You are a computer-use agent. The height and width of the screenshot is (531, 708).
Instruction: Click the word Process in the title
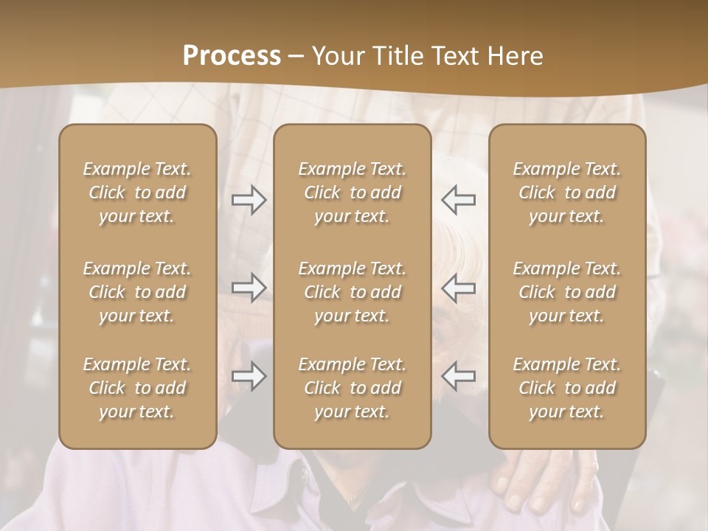click(x=232, y=56)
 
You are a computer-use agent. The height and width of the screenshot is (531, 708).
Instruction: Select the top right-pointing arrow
click(x=249, y=200)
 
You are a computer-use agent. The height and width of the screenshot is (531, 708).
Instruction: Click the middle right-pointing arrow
click(x=249, y=288)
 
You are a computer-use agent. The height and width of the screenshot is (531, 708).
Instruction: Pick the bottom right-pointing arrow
click(x=249, y=376)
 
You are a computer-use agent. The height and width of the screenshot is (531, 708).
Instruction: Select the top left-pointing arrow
click(x=459, y=200)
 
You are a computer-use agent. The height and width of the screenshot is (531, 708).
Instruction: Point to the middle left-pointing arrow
click(x=459, y=288)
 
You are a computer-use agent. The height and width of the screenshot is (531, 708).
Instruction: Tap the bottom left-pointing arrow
click(x=459, y=376)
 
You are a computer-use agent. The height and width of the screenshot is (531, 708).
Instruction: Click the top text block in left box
click(x=137, y=192)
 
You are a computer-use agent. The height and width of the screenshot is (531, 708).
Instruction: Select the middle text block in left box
click(x=137, y=292)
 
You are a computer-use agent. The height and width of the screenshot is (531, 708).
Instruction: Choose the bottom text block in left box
click(x=137, y=388)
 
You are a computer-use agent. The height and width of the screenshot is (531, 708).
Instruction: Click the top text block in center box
click(x=353, y=192)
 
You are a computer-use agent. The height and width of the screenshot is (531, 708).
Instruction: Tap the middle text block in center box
click(x=353, y=292)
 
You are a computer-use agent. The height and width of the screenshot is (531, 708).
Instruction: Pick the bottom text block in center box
click(x=353, y=388)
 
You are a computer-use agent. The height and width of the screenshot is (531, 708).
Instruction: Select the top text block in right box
click(x=567, y=192)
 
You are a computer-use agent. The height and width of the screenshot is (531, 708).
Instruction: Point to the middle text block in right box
click(x=567, y=292)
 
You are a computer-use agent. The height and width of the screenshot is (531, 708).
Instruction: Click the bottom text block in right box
click(x=567, y=388)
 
